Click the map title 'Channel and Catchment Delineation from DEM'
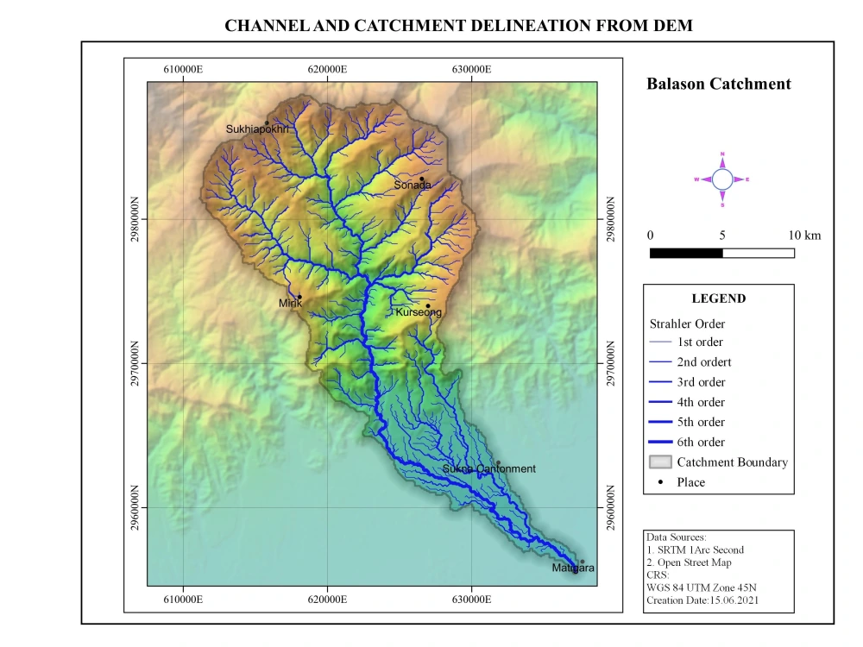(458, 26)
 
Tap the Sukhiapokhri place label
(257, 129)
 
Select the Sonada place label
(413, 185)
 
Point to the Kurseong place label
(419, 312)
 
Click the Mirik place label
(290, 303)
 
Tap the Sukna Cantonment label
(488, 469)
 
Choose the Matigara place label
(573, 568)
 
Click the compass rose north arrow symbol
(722, 179)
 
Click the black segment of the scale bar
(685, 253)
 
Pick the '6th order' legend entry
(701, 442)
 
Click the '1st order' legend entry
(700, 342)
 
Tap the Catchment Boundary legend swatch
(660, 462)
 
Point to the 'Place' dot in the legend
(660, 482)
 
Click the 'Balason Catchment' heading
(719, 84)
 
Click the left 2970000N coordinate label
(135, 363)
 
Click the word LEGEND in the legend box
(718, 298)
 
